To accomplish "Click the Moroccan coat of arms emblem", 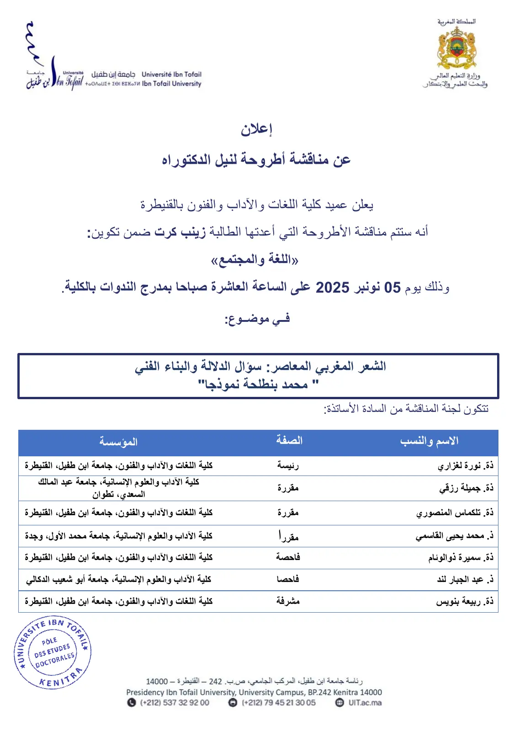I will point(456,48).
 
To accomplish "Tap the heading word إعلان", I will point(256,129).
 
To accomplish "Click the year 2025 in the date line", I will point(332,288).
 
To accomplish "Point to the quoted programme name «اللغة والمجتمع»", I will point(254,260).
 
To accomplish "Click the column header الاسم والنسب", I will point(429,441).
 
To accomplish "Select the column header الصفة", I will point(289,441).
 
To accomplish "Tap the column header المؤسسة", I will point(118,442).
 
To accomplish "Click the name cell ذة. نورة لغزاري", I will point(465,466).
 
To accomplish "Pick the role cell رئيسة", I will point(288,465).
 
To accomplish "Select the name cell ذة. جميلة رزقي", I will point(466,488).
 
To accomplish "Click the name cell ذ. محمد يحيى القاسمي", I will point(454,536).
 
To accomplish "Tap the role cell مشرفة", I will point(288,601).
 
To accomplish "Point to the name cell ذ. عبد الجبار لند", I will point(465,579).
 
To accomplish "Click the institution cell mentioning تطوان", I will point(118,488).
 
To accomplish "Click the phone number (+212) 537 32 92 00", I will point(174,703).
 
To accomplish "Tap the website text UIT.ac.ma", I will point(365,703).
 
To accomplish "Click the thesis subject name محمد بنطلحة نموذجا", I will point(257,385).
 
